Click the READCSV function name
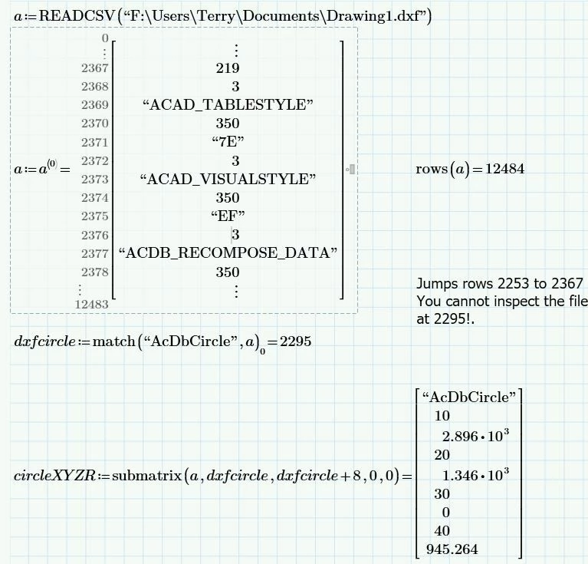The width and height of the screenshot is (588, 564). pos(77,16)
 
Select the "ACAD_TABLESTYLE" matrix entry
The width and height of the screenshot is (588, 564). pos(228,104)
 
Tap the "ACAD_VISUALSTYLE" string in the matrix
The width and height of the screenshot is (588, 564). pos(228,179)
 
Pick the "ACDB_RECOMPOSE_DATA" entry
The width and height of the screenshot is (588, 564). pos(228,253)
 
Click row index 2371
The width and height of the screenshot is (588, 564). pos(95,142)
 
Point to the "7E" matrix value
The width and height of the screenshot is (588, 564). pos(228,142)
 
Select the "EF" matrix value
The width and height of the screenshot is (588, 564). pos(228,216)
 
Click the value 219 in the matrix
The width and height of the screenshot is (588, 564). pos(228,68)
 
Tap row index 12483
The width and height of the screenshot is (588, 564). pos(91,305)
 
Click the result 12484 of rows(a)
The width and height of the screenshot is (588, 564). pos(504,169)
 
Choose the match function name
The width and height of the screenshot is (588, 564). pos(113,341)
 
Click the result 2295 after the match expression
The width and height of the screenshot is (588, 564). pos(295,341)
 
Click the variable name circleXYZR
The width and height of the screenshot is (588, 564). pos(54,476)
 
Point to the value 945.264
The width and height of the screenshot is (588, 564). pos(452,549)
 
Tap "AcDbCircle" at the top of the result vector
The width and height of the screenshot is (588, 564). pos(469,397)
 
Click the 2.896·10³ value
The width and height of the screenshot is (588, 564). pos(475,436)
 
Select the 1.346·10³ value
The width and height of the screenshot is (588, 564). pos(475,476)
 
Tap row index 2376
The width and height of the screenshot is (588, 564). pos(95,235)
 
